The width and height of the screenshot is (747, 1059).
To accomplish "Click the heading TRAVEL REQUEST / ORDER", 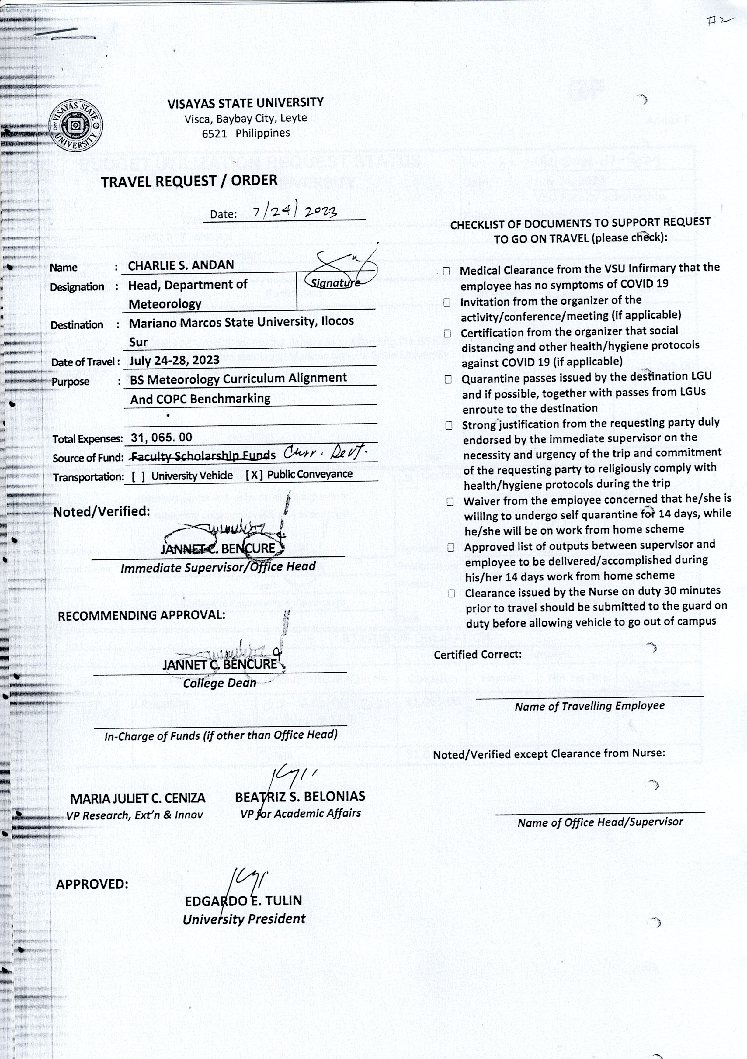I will coord(189,181).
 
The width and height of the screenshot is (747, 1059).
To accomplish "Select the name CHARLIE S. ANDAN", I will coord(181,265).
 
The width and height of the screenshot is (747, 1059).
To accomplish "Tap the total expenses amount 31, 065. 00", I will coord(162,437).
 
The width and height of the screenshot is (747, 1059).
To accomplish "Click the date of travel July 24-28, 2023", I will coord(174,360).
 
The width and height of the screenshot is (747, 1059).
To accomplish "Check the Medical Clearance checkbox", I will coord(446,271).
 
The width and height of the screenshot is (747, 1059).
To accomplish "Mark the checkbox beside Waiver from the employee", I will coord(450,502).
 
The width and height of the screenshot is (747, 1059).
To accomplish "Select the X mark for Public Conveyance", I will coord(254,475).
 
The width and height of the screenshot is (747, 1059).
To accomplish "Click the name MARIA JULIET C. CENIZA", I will coord(137,798).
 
